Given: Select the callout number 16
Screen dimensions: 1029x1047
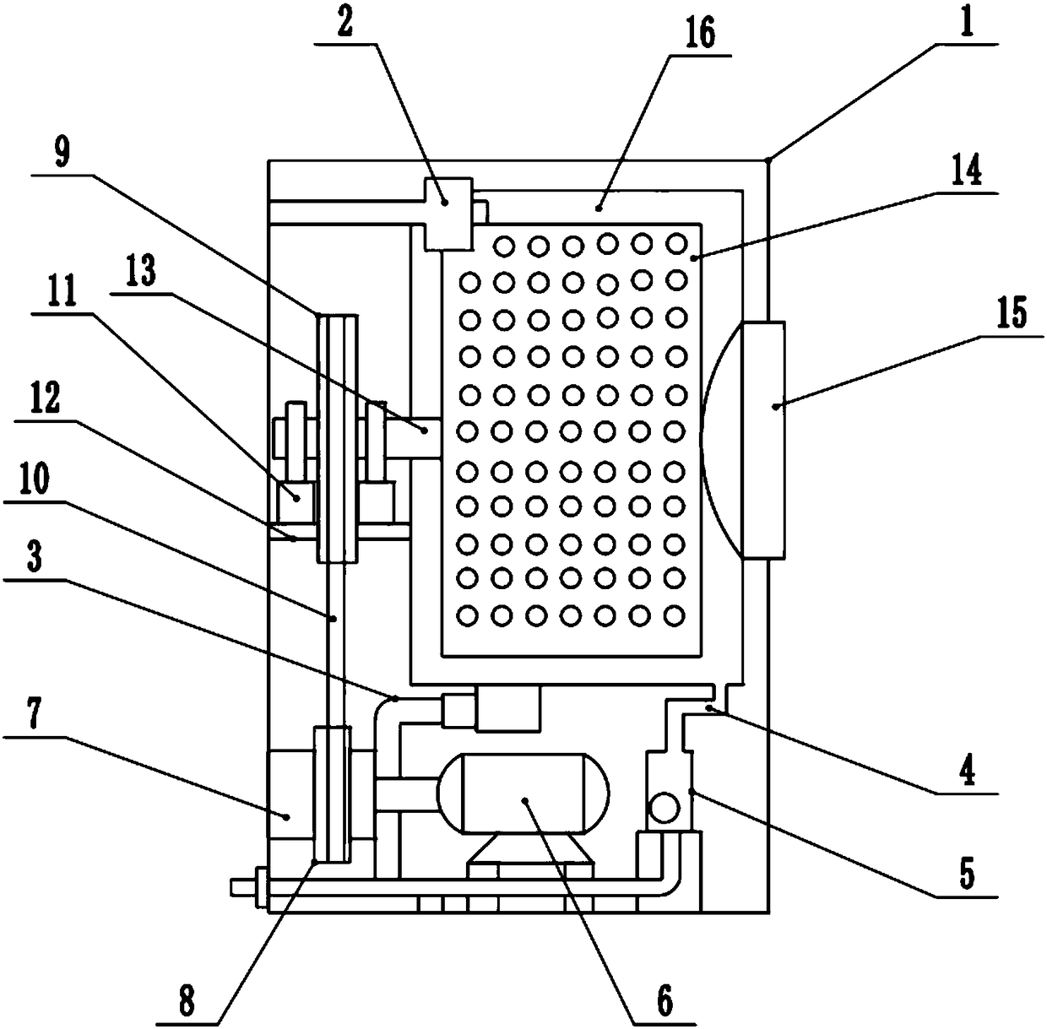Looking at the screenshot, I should [700, 34].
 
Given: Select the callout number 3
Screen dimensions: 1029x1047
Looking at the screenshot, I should [34, 561].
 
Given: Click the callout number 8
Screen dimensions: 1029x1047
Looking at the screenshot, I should [187, 1002].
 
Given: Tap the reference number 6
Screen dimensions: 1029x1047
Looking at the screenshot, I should [665, 1002].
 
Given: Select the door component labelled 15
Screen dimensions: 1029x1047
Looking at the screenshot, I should [763, 439].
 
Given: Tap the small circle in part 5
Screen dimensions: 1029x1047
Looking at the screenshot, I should [664, 808].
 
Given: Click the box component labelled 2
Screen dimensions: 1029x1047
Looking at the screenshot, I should [448, 214].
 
